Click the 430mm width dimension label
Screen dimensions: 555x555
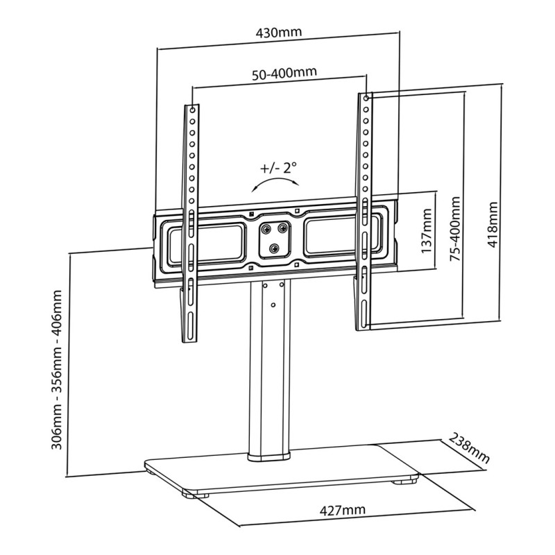point(278,33)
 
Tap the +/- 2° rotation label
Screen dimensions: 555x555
point(278,168)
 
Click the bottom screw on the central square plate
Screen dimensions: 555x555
point(276,248)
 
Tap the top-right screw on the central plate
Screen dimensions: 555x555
point(284,227)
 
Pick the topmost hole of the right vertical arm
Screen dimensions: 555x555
point(366,99)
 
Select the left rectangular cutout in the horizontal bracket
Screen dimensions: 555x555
point(208,238)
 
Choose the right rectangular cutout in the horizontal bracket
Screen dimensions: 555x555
point(340,237)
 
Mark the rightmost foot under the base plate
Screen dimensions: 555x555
point(403,481)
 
